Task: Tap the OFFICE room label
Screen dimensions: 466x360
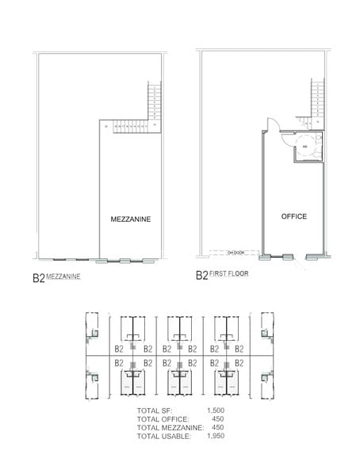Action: coord(293,216)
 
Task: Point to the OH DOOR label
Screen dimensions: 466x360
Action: coord(236,254)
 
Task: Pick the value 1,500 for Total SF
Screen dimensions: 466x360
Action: coord(216,411)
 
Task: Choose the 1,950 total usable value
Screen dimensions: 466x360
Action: coord(216,436)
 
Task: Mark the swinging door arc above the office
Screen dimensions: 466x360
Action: coord(270,124)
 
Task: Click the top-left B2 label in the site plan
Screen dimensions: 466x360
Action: coord(119,348)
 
